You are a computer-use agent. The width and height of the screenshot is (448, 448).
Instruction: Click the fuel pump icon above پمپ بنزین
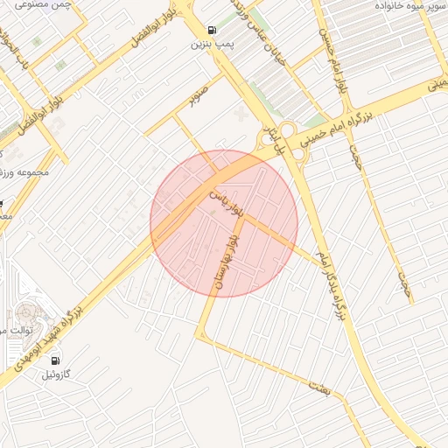click(213, 29)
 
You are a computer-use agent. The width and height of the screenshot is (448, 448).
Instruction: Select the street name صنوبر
click(199, 94)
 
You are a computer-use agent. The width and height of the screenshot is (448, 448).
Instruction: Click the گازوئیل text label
click(59, 374)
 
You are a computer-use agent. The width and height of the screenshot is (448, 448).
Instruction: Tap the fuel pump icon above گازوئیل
click(56, 360)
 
